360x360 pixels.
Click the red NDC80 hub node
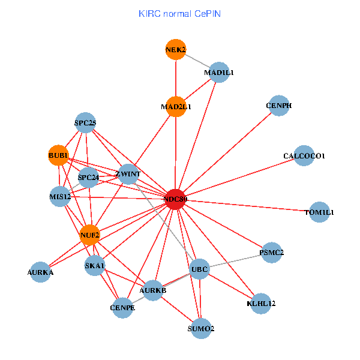[x=175, y=199]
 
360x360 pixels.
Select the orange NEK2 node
[x=175, y=49]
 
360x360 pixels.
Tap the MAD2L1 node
[x=175, y=107]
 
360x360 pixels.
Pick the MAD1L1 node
[x=218, y=73]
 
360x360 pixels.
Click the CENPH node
[x=279, y=106]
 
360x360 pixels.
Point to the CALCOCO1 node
[x=304, y=156]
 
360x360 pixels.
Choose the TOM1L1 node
[x=320, y=212]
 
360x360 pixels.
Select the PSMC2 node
[x=272, y=253]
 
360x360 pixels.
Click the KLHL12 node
[x=262, y=304]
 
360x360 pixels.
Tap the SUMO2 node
[x=201, y=329]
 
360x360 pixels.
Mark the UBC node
[x=199, y=269]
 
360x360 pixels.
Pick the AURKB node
[x=152, y=290]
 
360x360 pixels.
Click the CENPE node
[x=123, y=308]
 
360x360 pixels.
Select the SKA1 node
[x=95, y=265]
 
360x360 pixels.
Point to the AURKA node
[x=40, y=272]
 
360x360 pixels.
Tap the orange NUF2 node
[x=90, y=235]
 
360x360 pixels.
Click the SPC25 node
[x=85, y=123]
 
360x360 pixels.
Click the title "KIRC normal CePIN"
[x=179, y=13]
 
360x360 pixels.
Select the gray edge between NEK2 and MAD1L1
[x=197, y=61]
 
